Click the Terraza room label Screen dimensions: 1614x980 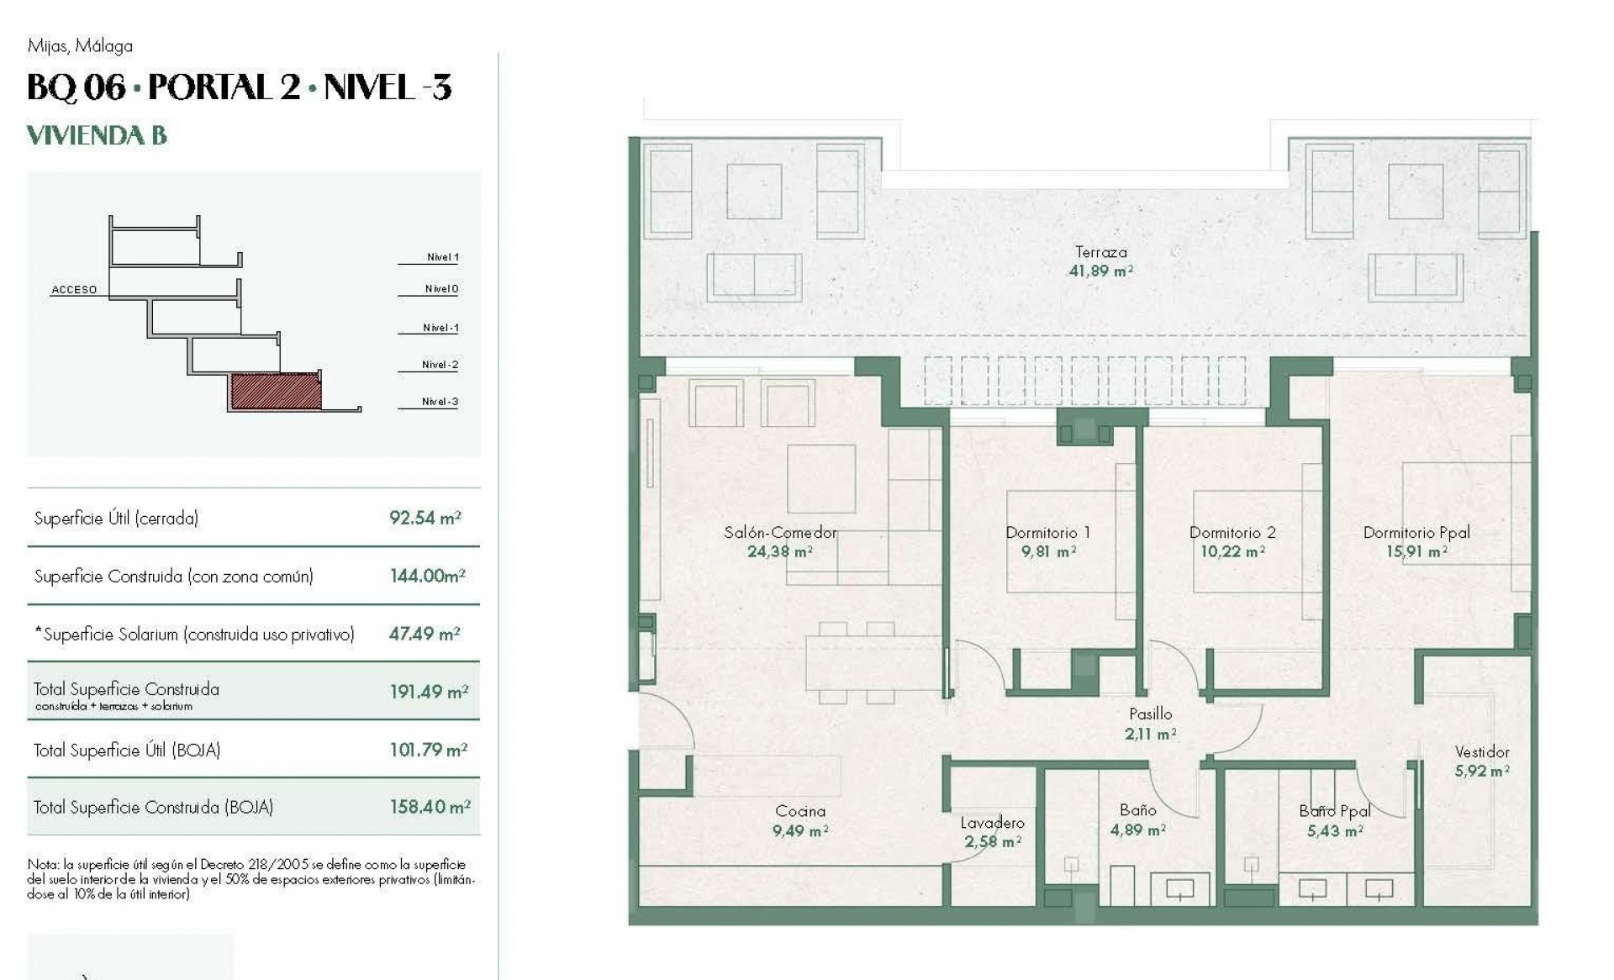click(1100, 251)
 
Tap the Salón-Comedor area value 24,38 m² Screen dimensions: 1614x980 click(780, 552)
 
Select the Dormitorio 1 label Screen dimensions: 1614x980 click(1047, 532)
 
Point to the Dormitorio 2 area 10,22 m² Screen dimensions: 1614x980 click(1232, 552)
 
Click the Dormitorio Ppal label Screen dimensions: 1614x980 click(1416, 532)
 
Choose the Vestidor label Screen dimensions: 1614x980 click(1482, 752)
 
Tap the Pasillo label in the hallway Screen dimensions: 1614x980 click(1150, 714)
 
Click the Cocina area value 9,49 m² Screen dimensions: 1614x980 click(800, 831)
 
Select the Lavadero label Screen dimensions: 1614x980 click(993, 823)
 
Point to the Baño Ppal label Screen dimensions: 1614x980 click(1335, 811)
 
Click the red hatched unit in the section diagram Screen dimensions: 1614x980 click(276, 392)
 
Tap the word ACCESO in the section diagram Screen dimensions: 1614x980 click(74, 290)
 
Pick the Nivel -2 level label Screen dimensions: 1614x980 click(440, 365)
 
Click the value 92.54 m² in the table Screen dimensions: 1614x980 click(425, 518)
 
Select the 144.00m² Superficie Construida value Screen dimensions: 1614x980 click(427, 576)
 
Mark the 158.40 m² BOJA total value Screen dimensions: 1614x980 click(430, 807)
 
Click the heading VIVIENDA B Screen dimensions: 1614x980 click(97, 135)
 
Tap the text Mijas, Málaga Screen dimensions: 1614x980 click(80, 45)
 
